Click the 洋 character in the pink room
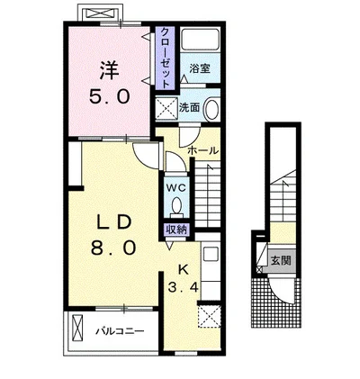tap(109, 70)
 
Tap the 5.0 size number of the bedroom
tap(109, 96)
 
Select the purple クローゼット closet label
tap(165, 58)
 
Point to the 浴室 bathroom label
tap(200, 68)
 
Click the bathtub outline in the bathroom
tap(201, 39)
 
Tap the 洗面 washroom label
tap(190, 108)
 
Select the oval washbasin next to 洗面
tap(211, 109)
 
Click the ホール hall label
tap(203, 150)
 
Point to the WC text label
tap(176, 188)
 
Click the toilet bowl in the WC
tap(176, 205)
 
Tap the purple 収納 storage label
tap(176, 230)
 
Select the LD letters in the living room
tap(113, 223)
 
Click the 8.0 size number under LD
tap(113, 248)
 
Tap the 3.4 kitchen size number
tap(183, 287)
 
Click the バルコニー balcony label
tap(120, 331)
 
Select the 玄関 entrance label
tap(281, 260)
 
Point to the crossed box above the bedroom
tap(100, 14)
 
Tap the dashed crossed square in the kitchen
tap(209, 316)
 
